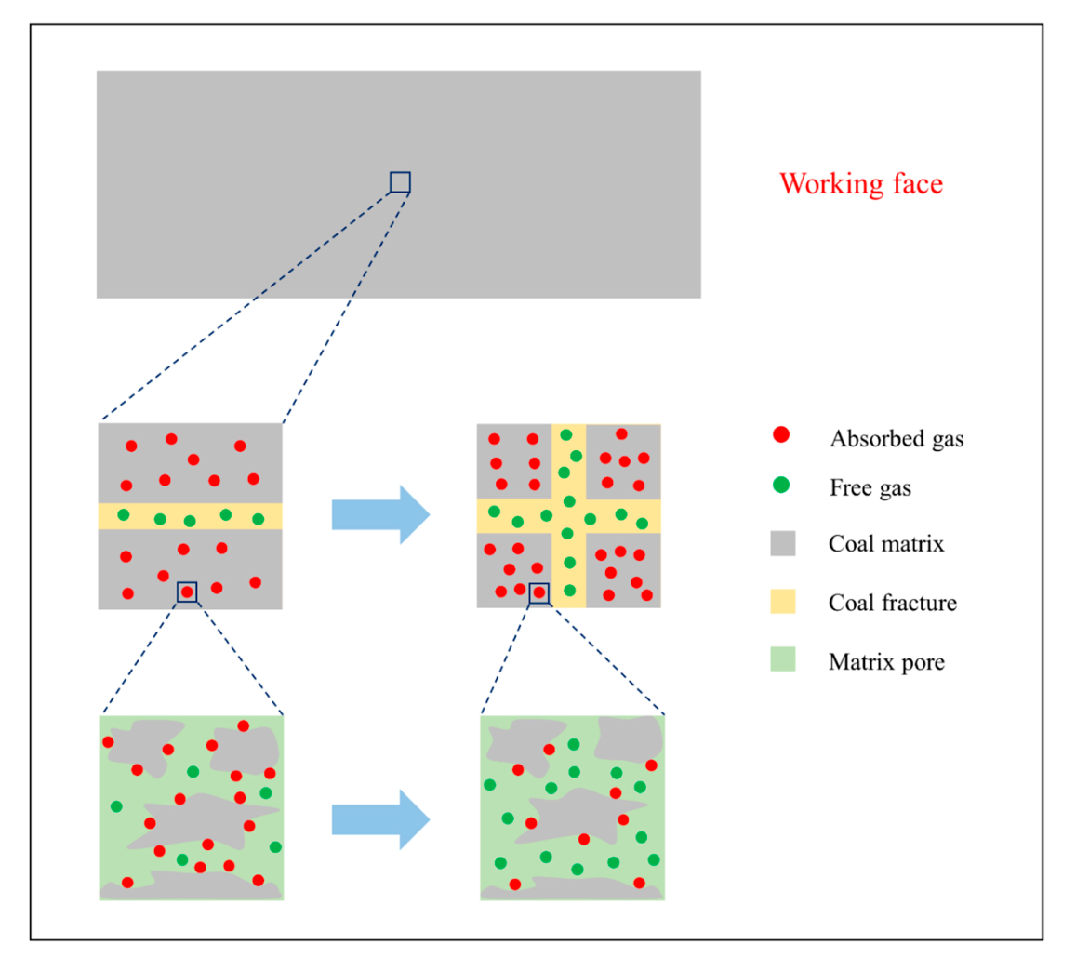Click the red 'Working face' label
[x=860, y=183]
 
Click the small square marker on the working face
[x=400, y=182]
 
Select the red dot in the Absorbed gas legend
[x=781, y=434]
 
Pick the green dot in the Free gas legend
[x=781, y=485]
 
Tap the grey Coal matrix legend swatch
[x=782, y=543]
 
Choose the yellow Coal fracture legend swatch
[x=782, y=601]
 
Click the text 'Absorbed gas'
[x=897, y=438]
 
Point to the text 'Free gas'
[x=870, y=487]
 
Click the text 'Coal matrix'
[x=885, y=544]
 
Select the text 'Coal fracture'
[x=892, y=603]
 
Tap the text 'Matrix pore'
[x=885, y=662]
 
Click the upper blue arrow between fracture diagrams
[x=380, y=514]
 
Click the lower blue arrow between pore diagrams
[x=380, y=819]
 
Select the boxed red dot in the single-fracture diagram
[x=187, y=592]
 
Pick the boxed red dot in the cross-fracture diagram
[x=538, y=592]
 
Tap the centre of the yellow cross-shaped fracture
[x=568, y=516]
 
